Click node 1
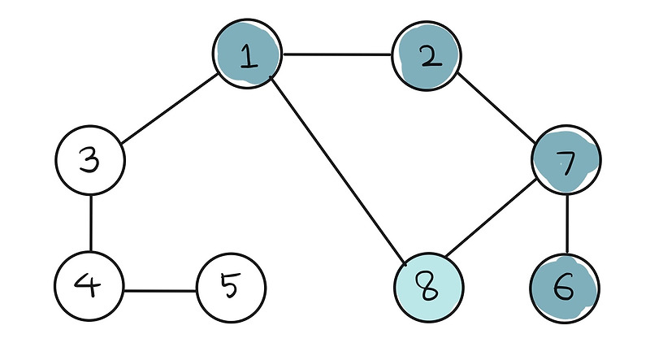pos(248,54)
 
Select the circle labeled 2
pos(427,56)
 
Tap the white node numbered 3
pos(90,159)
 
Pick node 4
pos(89,288)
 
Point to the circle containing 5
pos(232,288)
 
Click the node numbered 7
pos(566,159)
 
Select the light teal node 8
pos(429,289)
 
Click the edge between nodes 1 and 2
pos(337,55)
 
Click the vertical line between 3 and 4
pos(90,223)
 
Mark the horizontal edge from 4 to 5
pos(160,289)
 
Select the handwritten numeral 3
pos(90,159)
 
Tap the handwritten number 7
pos(567,161)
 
